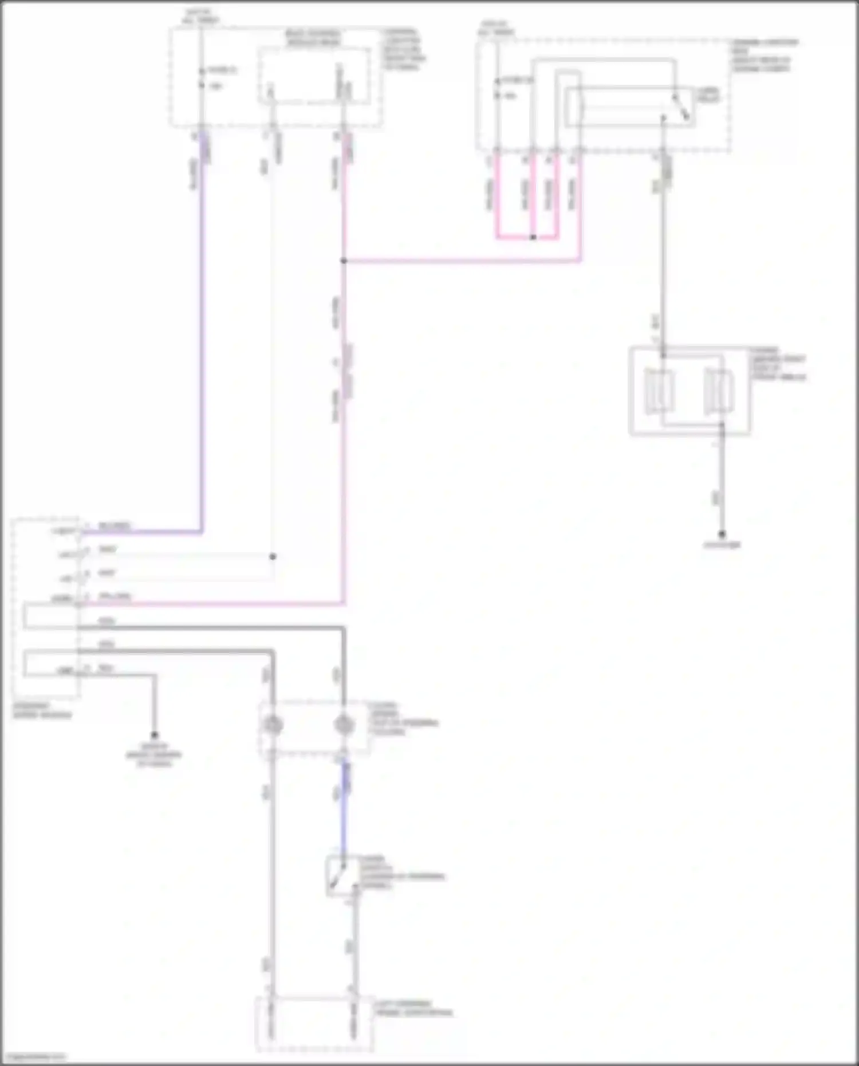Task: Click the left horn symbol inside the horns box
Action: (660, 392)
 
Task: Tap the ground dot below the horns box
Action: (722, 534)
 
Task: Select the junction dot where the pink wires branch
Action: (344, 261)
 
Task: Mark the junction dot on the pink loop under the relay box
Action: (533, 237)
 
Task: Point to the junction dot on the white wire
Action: (273, 556)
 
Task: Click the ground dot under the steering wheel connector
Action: (154, 735)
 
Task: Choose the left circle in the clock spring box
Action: (272, 725)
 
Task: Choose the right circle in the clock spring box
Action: (344, 725)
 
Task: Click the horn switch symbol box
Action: (341, 875)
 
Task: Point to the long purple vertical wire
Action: (202, 344)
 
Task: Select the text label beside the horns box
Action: (778, 364)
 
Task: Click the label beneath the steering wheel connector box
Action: (42, 710)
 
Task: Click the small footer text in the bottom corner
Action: (36, 1057)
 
